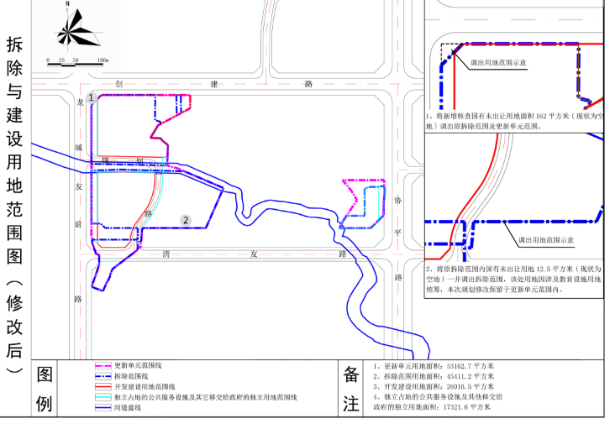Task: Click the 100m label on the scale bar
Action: pos(103,61)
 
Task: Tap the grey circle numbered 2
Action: pos(185,220)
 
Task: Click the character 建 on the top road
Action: pos(214,84)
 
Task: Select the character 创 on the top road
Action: pos(120,84)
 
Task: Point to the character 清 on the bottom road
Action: pos(167,253)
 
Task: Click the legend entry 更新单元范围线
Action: pos(139,367)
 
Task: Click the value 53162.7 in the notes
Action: pos(461,367)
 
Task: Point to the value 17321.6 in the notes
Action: pos(471,406)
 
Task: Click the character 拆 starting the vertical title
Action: pos(14,44)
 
